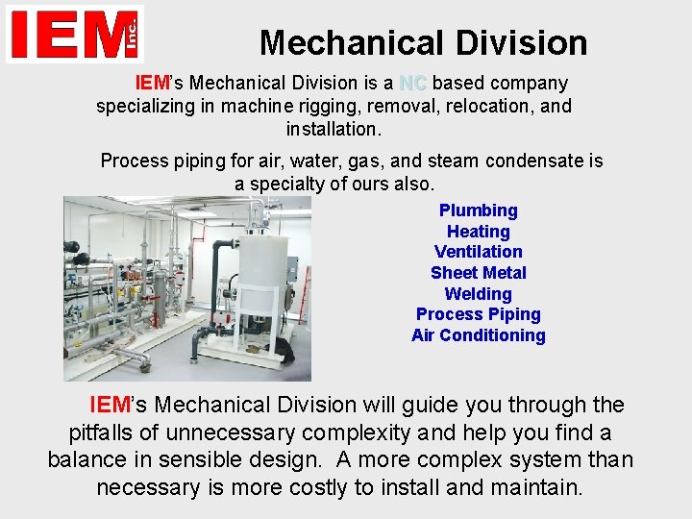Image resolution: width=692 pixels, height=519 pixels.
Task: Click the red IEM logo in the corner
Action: [x=74, y=34]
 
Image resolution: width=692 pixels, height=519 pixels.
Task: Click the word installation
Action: [x=334, y=128]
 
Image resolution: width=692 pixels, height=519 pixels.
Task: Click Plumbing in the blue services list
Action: [x=478, y=210]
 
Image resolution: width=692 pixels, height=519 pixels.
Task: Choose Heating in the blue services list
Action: [x=478, y=232]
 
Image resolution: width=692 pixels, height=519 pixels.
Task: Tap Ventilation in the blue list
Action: [x=478, y=252]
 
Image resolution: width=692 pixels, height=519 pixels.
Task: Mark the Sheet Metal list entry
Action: [x=478, y=273]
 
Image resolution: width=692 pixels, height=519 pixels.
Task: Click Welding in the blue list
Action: [x=478, y=294]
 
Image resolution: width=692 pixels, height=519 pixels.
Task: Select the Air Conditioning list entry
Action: [x=478, y=335]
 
